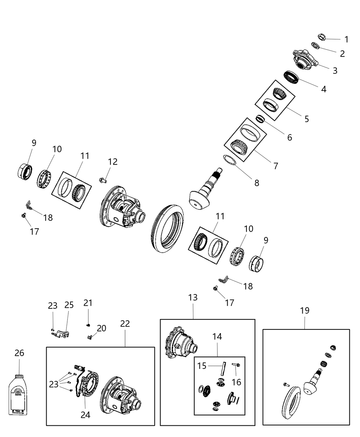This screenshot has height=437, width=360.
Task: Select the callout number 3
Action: tap(335, 71)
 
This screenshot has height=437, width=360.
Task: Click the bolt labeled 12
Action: tap(103, 179)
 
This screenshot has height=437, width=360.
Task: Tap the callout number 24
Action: tap(85, 415)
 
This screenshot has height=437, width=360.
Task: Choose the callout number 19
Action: tap(304, 311)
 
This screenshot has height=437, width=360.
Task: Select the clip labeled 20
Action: tap(90, 338)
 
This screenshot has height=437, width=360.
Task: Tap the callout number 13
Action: tap(193, 298)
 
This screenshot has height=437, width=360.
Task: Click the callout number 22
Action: tap(125, 324)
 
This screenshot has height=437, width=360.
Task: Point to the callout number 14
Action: tap(217, 337)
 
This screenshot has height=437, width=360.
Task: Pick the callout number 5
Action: tap(306, 119)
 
